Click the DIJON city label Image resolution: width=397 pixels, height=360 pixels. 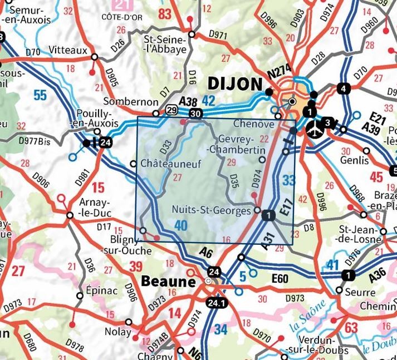234,84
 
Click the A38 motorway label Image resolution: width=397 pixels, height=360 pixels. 188,102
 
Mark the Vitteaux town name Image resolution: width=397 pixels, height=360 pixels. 68,50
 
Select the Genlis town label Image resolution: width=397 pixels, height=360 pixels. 356,160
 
